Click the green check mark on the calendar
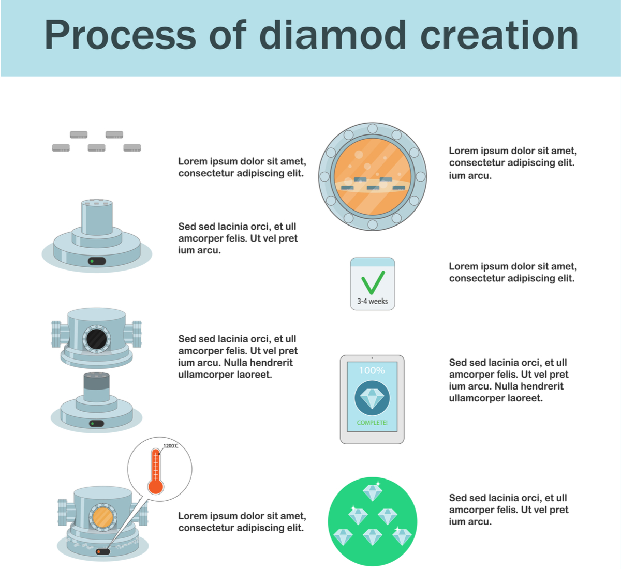pos(373,282)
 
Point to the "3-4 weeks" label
pos(372,301)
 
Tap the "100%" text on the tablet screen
pos(372,370)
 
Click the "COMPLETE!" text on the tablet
pos(372,423)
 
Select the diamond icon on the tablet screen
pos(372,398)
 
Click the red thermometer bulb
pos(156,486)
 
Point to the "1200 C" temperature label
pos(171,445)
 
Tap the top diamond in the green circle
pos(372,492)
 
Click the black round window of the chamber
pos(96,339)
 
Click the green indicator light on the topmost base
pos(92,261)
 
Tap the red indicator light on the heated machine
pos(99,552)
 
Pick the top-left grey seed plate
pos(79,134)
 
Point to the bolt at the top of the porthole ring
pos(372,128)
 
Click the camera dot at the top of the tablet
pos(372,358)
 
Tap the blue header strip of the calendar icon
pos(372,262)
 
